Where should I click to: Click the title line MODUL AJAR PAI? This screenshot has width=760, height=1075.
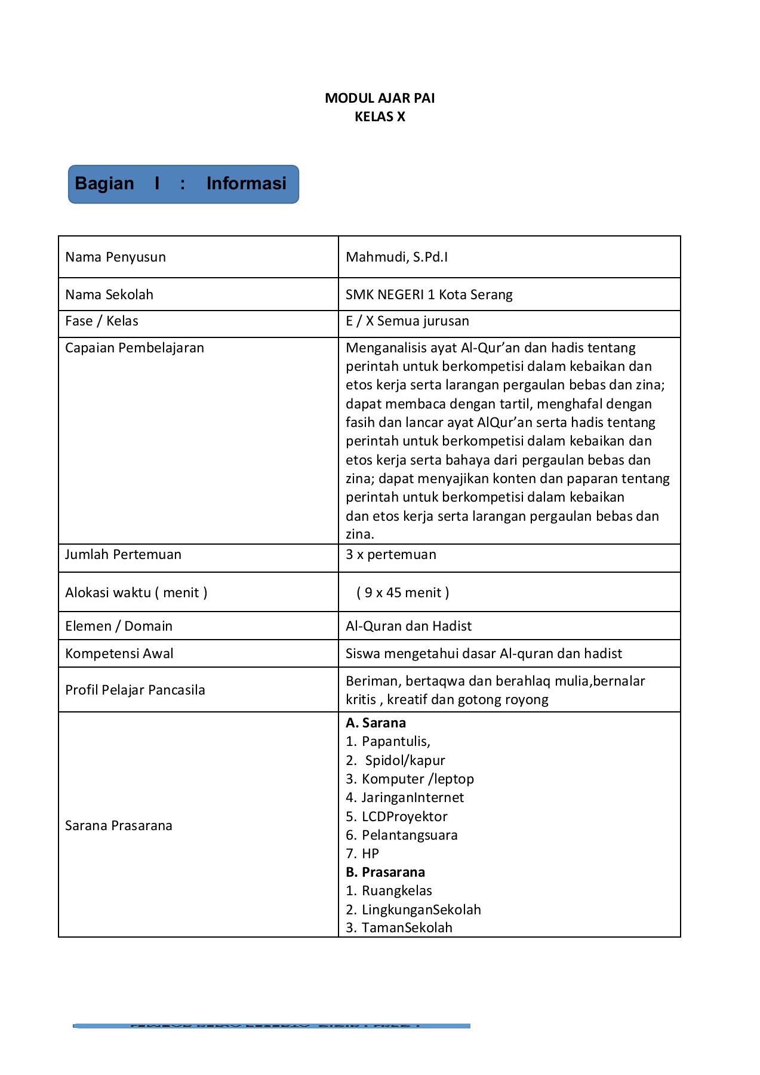[380, 98]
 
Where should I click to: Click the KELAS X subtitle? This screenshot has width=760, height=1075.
[380, 116]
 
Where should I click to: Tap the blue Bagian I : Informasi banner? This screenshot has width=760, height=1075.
[183, 184]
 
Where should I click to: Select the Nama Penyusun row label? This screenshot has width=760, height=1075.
[115, 257]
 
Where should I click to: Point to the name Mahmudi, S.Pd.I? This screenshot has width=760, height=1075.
[396, 257]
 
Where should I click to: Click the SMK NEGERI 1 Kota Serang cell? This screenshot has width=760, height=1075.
[429, 294]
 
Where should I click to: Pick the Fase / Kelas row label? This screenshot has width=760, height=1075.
[101, 321]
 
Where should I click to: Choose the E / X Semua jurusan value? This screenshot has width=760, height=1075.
[407, 321]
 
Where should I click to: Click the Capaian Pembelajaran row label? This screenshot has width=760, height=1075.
[134, 348]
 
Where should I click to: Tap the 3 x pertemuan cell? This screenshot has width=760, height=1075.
[390, 555]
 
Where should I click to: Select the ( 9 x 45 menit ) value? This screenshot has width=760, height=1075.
[403, 592]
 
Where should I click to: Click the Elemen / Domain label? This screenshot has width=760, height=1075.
[118, 626]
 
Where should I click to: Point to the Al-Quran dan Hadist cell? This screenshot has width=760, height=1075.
[408, 626]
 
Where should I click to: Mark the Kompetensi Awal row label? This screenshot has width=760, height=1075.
[119, 653]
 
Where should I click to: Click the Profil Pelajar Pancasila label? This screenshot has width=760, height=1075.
[135, 690]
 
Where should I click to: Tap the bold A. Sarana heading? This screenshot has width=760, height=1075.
[376, 723]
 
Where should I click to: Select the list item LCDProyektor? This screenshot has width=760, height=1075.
[404, 816]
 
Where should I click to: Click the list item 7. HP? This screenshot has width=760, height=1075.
[362, 853]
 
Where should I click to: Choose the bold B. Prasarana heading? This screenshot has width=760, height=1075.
[385, 872]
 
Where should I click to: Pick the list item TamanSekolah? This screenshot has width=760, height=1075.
[406, 927]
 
